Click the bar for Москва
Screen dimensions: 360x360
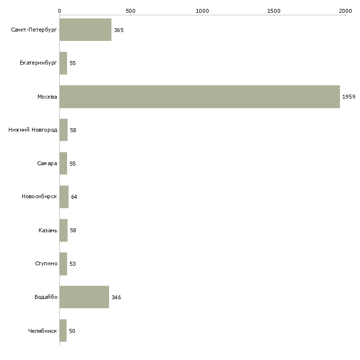tap(200, 97)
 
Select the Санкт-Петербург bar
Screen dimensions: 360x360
tap(85, 30)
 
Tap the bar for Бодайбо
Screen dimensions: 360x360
tap(84, 297)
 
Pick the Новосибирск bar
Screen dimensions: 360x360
tap(64, 197)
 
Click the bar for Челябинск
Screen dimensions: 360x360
tap(63, 330)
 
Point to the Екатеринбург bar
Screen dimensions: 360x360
tap(63, 63)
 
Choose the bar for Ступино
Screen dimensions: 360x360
tap(63, 264)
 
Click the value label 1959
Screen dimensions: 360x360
tap(349, 97)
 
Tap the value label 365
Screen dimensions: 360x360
tap(119, 30)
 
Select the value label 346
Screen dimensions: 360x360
tap(116, 297)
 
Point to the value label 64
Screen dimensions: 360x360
tap(74, 197)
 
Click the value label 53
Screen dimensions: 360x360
tap(72, 264)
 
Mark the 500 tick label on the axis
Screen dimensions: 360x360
tap(131, 11)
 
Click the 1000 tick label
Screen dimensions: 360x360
tap(202, 11)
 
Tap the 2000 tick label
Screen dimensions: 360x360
tap(345, 11)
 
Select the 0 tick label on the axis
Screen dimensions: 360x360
tap(60, 11)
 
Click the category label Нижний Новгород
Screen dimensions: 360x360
tap(33, 130)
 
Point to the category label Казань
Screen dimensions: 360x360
tap(48, 230)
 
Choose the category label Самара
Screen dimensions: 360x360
tap(47, 163)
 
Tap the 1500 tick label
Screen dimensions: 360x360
tap(274, 11)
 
